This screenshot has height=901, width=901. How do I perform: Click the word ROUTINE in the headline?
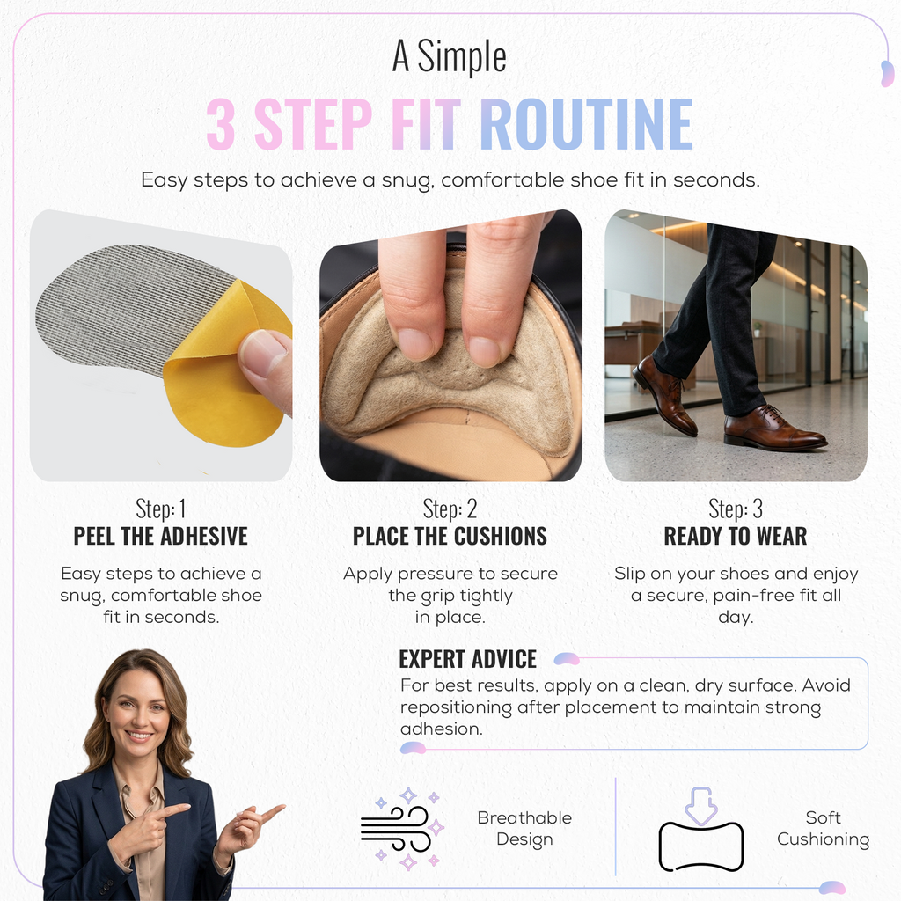[586, 123]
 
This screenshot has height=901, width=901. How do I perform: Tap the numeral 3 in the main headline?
[220, 123]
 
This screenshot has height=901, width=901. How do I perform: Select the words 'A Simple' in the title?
[450, 56]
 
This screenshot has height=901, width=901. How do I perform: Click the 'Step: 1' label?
[160, 509]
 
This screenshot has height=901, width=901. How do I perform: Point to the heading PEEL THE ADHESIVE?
[160, 536]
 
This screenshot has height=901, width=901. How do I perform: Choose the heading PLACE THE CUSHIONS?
[450, 536]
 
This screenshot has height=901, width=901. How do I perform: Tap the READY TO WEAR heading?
[736, 536]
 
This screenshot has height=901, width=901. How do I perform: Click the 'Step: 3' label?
[736, 509]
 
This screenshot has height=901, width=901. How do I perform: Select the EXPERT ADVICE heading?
[468, 659]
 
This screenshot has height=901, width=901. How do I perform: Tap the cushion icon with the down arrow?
[701, 831]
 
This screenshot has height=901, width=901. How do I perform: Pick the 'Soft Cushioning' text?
[823, 828]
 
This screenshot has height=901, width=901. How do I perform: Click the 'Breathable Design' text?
[524, 828]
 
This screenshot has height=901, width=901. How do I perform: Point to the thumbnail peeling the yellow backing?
[161, 345]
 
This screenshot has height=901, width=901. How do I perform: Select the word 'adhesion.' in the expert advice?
[442, 729]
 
